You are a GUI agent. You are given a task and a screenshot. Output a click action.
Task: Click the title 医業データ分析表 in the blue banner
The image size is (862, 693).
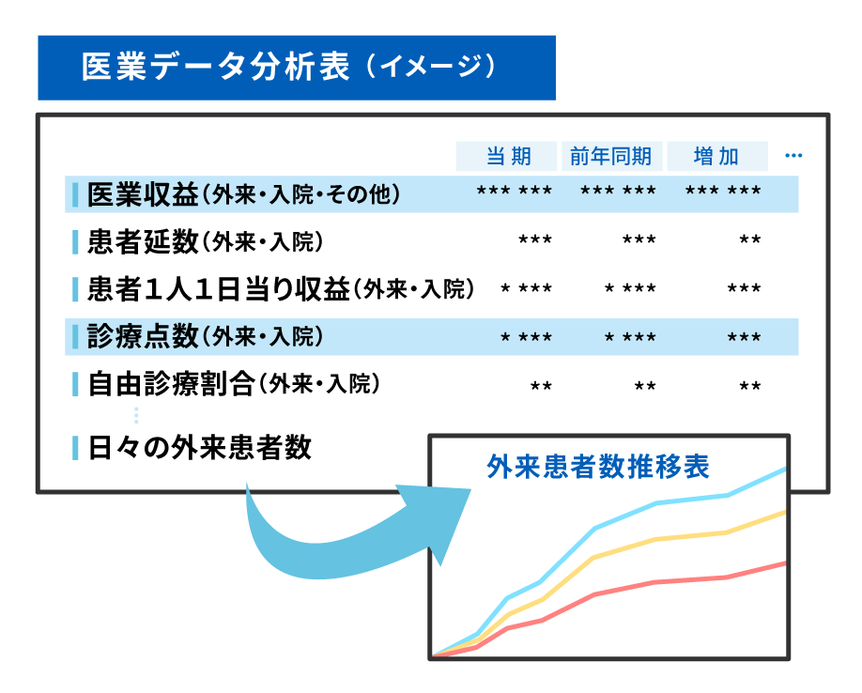coord(216,67)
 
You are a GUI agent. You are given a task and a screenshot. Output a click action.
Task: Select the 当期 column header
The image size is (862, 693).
coord(509,157)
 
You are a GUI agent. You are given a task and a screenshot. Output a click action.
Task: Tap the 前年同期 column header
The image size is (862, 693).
coord(610,157)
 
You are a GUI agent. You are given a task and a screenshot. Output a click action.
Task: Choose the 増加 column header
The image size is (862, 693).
coord(716,157)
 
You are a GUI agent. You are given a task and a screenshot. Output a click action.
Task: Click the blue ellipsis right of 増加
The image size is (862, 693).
coord(793,156)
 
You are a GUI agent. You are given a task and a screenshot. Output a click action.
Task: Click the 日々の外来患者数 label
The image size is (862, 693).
coord(200,448)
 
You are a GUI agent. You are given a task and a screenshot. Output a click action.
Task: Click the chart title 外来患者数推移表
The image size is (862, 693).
coord(598,467)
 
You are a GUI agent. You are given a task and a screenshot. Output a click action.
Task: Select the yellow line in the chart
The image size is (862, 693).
coord(593,557)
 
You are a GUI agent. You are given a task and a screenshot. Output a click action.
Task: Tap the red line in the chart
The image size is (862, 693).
coord(596,594)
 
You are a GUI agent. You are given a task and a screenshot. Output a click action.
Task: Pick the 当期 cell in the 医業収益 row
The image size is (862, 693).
coord(514,192)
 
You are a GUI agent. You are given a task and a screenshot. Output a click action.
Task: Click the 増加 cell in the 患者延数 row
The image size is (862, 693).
coord(750,239)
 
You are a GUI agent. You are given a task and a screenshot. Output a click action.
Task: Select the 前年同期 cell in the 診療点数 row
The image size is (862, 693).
coord(630,337)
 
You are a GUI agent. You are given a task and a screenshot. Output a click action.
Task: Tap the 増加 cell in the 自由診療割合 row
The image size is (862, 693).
coord(750,386)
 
